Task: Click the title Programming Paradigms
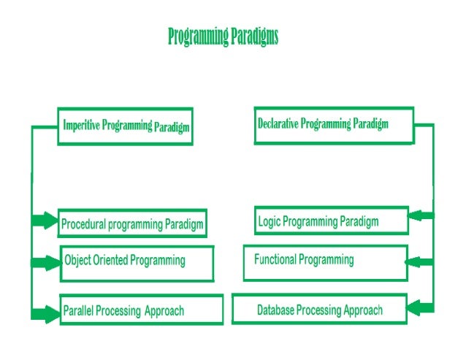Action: tap(223, 37)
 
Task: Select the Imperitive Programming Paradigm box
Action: tap(126, 126)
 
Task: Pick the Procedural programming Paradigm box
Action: tap(131, 223)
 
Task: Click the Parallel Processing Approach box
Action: tap(140, 310)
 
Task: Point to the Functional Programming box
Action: tap(325, 261)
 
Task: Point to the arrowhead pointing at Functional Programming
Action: tap(417, 260)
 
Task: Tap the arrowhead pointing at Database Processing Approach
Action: tap(417, 307)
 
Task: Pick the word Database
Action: tap(278, 310)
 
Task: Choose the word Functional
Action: tap(275, 259)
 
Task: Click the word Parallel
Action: tap(77, 311)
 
